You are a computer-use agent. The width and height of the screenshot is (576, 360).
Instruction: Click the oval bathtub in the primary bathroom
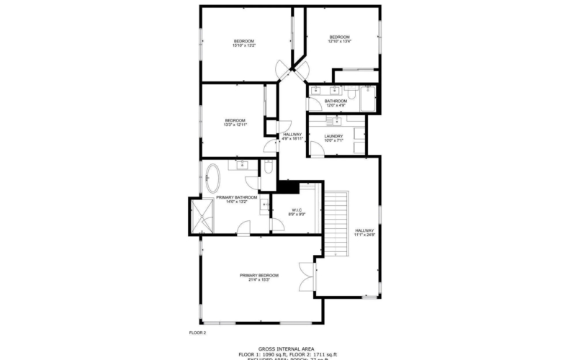213,176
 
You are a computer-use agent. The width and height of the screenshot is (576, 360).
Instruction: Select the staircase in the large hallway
336,222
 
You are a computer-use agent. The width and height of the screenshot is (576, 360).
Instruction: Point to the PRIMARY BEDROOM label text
258,275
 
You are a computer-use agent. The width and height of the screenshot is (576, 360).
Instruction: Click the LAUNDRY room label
333,136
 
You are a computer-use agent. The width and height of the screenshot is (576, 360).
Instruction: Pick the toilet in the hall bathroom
351,91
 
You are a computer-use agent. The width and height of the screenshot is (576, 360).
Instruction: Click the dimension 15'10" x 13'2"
244,45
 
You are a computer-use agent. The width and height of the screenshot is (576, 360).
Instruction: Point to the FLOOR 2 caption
197,333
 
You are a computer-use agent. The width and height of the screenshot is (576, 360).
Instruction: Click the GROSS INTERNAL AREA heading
287,348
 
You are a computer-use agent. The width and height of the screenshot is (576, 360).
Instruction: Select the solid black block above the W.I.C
289,187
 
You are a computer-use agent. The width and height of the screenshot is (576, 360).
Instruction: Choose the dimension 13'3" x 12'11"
235,125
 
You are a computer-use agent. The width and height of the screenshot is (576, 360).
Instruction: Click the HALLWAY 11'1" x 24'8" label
364,233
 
